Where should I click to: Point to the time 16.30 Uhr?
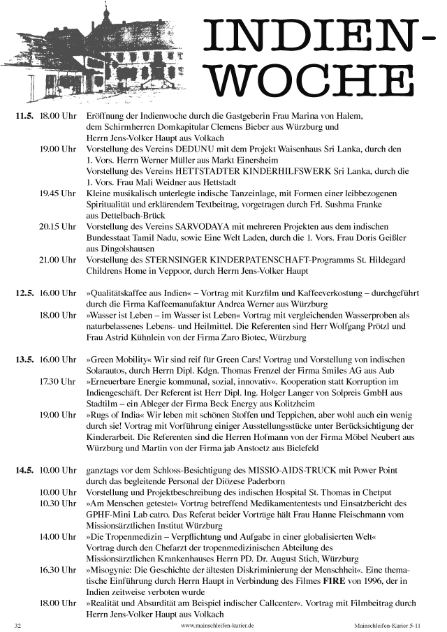pyautogui.click(x=57, y=570)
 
